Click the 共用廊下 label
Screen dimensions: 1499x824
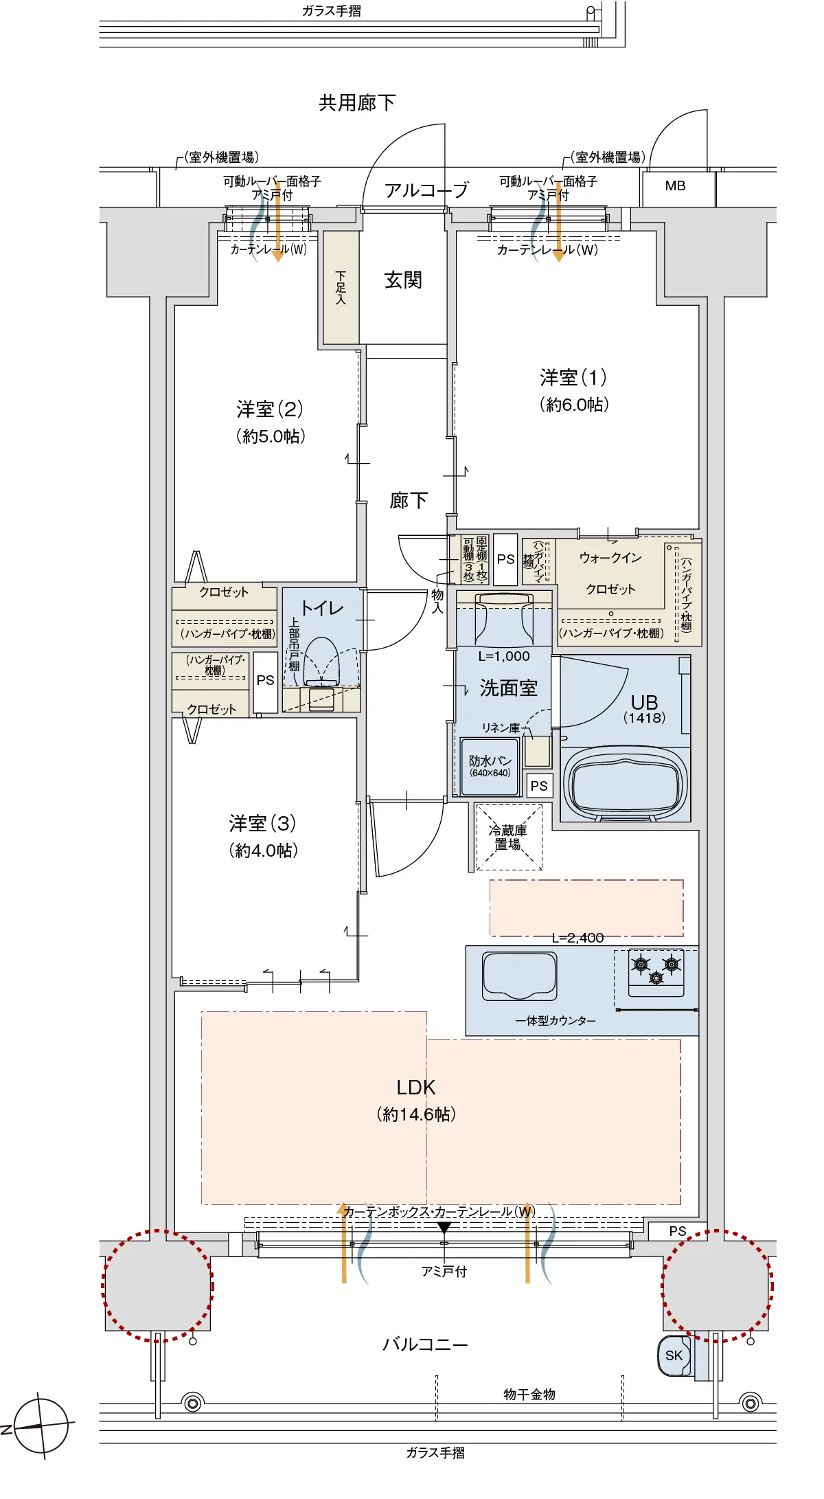pos(357,103)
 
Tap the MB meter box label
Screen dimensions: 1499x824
pos(675,185)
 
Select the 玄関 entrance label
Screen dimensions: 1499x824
pos(403,280)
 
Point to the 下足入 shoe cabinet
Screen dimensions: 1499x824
pos(341,287)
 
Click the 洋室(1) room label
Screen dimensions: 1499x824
pos(573,377)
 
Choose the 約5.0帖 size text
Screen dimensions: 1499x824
pos(271,436)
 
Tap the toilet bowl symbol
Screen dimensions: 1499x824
pos(321,661)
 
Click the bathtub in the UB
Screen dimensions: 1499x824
pos(626,783)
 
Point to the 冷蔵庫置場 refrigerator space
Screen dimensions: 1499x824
pos(508,837)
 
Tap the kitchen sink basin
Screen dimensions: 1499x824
pos(519,974)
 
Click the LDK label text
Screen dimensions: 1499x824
pos(416,1087)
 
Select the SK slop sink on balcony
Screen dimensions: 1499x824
pos(674,1355)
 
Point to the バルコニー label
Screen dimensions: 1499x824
pos(425,1344)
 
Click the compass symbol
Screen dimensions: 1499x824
pos(42,1425)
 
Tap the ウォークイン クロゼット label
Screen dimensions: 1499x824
pos(610,573)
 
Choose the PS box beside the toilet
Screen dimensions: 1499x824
pos(265,680)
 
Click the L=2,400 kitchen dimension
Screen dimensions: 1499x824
pos(577,938)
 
